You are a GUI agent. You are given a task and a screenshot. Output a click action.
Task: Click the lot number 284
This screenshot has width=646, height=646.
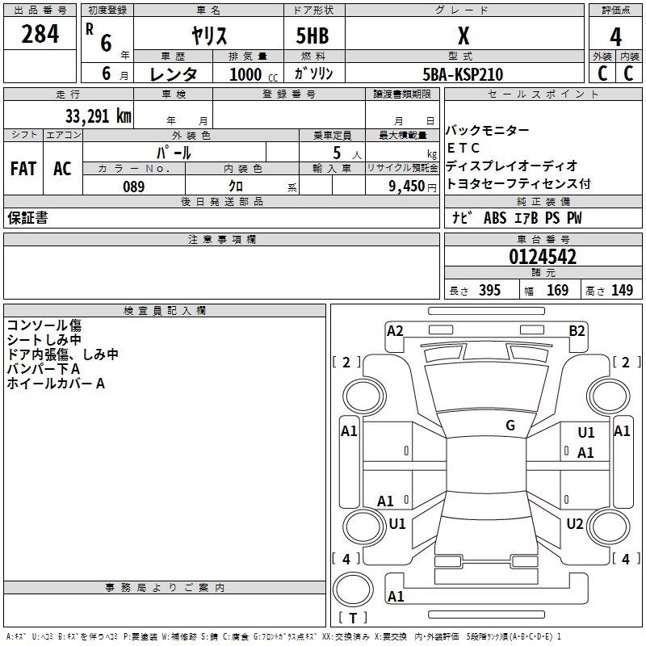pos(40,34)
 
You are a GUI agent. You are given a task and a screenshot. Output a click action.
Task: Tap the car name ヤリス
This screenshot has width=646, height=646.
pos(209,36)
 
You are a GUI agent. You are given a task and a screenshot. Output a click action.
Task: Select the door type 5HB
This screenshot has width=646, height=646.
pos(313,36)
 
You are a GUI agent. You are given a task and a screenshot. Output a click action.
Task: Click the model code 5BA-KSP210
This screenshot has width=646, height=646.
pos(463,74)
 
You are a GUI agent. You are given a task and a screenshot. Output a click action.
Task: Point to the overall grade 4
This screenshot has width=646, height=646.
pos(615,37)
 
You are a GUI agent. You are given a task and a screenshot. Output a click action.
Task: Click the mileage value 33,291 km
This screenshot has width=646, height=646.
pos(98,116)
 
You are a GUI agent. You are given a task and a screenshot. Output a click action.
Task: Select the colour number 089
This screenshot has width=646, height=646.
pos(133,187)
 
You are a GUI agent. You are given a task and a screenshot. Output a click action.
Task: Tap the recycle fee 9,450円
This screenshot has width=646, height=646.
pos(413,187)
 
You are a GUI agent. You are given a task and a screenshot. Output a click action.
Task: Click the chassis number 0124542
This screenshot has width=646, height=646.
pos(543,257)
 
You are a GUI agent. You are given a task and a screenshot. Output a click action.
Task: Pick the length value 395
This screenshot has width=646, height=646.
pos(489,290)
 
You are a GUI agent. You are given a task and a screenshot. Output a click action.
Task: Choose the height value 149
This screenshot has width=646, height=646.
pos(622,290)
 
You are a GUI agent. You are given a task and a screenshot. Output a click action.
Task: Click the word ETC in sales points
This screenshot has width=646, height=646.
pos(463,148)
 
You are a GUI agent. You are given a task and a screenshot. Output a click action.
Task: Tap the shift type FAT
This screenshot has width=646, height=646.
pos(23,169)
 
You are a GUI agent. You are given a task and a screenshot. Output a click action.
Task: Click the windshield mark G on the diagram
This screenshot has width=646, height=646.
pos(510,426)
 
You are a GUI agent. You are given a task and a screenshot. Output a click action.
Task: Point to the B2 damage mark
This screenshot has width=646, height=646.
pos(577,331)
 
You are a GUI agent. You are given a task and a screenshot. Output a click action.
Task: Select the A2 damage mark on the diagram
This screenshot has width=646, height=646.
pos(395,331)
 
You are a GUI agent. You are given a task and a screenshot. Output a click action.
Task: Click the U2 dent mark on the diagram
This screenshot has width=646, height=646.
pos(575,523)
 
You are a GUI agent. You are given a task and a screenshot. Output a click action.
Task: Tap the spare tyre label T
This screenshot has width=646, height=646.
pos(353,618)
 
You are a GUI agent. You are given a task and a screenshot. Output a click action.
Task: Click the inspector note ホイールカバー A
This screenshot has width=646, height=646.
pos(56,384)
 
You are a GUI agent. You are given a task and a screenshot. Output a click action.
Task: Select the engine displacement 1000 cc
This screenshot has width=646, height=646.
pos(254,74)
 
